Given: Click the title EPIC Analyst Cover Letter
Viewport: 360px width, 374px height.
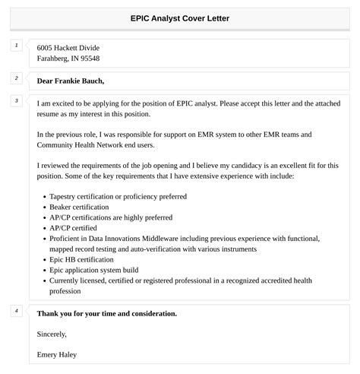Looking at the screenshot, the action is (180, 17).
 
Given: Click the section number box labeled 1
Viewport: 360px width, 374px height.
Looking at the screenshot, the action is (16, 47).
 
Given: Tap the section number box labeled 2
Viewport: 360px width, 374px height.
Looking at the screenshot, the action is (16, 78).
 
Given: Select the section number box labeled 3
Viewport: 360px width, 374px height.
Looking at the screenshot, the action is (16, 100).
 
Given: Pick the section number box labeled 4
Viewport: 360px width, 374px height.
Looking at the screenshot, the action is (16, 310).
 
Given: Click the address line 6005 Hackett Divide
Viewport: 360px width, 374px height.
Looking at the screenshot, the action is (68, 48).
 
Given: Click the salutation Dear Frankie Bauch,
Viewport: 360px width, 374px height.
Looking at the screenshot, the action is (71, 81).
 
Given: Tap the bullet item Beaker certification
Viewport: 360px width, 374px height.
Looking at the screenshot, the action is (79, 207).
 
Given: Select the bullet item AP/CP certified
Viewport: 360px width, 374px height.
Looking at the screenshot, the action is (74, 227).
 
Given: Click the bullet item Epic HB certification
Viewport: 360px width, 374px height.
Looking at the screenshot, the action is (82, 259).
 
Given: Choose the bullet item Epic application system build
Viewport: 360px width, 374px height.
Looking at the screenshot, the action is (93, 270).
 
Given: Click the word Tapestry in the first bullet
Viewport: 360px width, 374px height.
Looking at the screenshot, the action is (65, 196).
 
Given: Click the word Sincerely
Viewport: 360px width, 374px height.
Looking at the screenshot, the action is (52, 334).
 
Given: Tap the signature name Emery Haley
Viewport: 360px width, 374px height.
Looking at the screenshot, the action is (57, 354).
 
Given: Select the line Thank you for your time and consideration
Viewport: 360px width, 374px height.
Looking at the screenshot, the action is (107, 313).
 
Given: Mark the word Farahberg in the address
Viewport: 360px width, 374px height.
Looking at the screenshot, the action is (54, 59).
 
